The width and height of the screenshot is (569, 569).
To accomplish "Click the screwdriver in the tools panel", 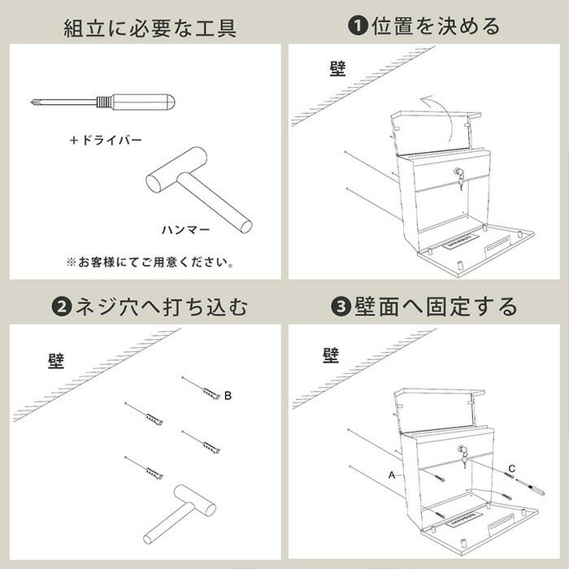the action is [x=103, y=102].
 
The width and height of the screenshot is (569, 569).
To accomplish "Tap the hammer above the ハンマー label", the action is [x=199, y=189].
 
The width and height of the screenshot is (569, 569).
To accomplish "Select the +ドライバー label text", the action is [x=106, y=140].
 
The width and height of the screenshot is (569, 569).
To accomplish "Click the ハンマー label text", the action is [x=186, y=230].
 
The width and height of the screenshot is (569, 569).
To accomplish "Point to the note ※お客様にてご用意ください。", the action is [x=150, y=262].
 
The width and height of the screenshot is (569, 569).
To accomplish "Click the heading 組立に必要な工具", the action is [x=150, y=28].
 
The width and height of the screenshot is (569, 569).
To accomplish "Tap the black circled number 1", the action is [x=358, y=26].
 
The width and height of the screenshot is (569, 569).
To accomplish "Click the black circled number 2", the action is [x=62, y=306].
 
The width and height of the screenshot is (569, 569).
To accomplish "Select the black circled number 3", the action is [x=341, y=306].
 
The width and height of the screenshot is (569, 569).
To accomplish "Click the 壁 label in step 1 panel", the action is [x=338, y=68].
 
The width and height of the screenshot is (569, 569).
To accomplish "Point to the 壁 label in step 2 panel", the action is [x=56, y=361].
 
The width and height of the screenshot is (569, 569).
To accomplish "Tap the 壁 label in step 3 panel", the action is [x=331, y=355].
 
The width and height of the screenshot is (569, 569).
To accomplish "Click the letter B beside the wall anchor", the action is [x=228, y=396].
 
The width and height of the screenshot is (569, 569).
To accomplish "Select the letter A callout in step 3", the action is [x=392, y=475].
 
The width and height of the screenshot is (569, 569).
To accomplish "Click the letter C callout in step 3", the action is [x=511, y=469].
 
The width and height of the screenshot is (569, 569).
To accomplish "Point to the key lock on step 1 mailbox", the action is [x=459, y=177].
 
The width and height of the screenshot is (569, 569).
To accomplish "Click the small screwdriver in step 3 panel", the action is [x=531, y=487].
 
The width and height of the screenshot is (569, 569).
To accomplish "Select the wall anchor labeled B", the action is [x=202, y=389].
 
